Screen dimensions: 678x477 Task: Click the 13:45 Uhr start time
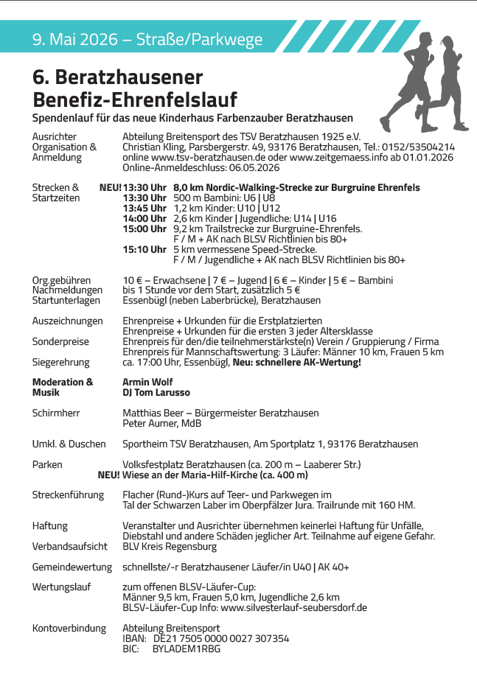click(145, 208)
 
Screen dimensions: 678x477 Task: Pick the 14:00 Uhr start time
click(145, 218)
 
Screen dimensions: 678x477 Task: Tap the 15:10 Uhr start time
click(145, 249)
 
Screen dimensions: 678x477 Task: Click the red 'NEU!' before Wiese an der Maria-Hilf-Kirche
click(108, 475)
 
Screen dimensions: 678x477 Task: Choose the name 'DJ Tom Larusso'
click(156, 393)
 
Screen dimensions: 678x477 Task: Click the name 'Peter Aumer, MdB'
click(161, 424)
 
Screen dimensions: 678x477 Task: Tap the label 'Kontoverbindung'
click(69, 628)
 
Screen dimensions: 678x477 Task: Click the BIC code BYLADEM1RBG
click(187, 649)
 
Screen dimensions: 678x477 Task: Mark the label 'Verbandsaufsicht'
click(69, 547)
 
